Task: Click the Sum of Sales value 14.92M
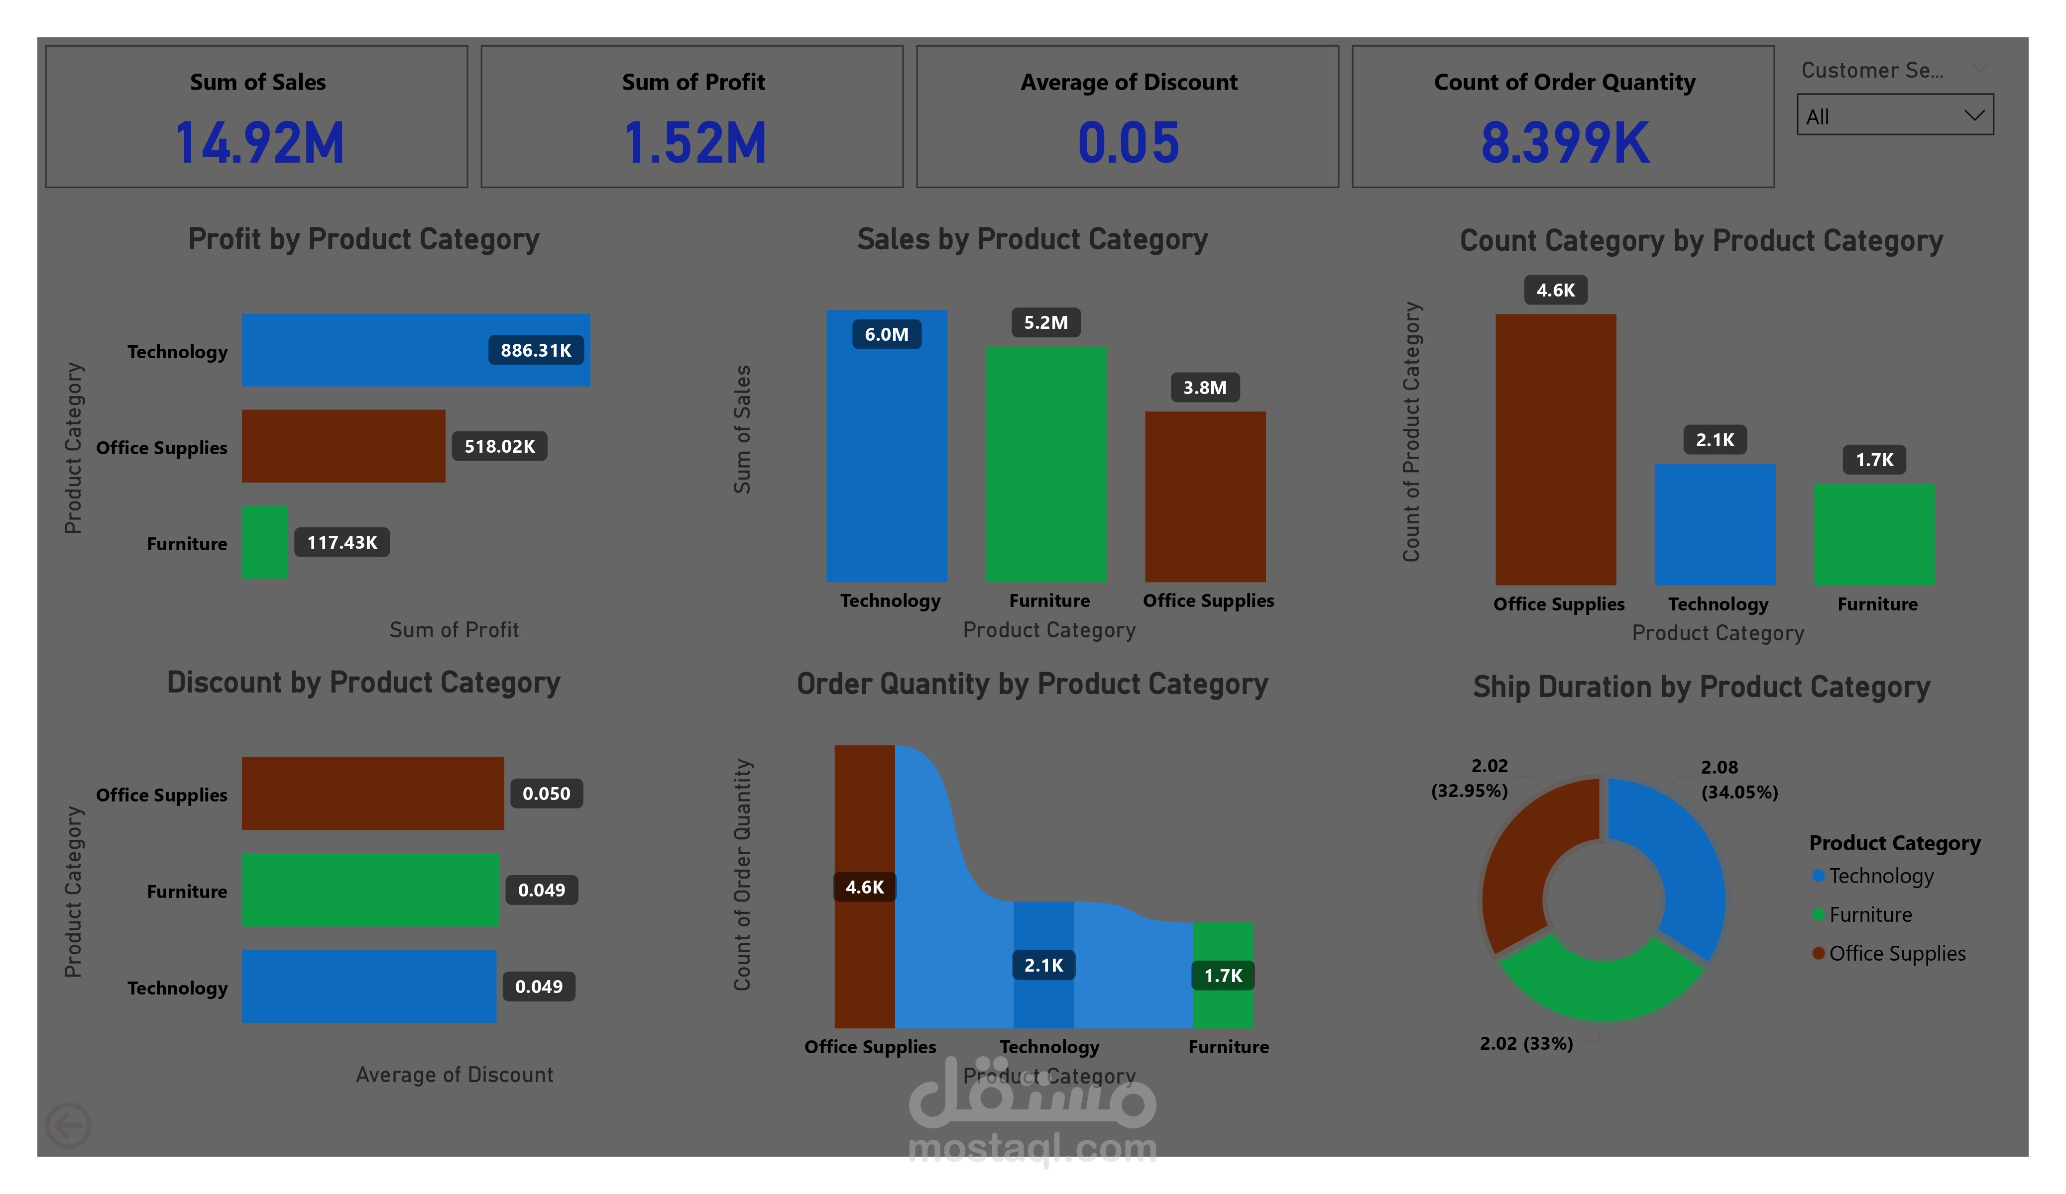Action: (259, 143)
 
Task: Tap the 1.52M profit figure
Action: (694, 143)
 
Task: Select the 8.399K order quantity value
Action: (1564, 143)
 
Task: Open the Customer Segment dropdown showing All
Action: (1895, 115)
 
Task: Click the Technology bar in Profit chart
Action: (416, 350)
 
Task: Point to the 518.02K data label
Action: (499, 447)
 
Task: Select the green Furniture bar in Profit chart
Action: (265, 542)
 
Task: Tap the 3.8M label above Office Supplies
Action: (1204, 388)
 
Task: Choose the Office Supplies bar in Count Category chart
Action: (1555, 449)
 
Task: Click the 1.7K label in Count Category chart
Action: (1874, 460)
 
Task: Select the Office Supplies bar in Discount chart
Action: (372, 794)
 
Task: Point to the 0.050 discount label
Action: (546, 794)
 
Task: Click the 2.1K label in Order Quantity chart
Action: (1043, 965)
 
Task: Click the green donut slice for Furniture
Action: (1601, 984)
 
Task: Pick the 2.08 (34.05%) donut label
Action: (1739, 780)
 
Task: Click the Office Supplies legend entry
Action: (1889, 953)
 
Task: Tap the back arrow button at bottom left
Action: (68, 1125)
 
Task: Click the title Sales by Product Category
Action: (1032, 239)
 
